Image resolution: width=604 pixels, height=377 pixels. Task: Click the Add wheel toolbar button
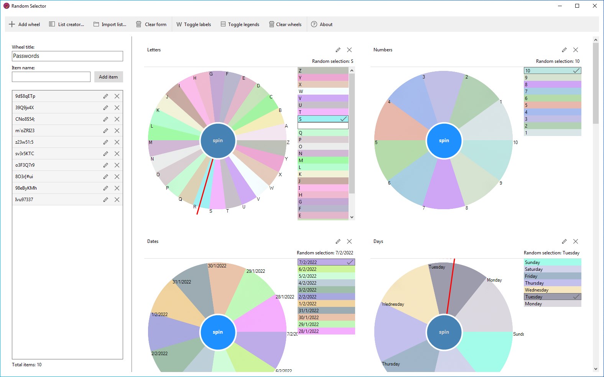25,25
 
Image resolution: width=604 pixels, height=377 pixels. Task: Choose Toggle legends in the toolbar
240,25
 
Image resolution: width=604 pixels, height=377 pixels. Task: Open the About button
322,25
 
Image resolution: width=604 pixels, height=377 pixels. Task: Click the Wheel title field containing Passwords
67,56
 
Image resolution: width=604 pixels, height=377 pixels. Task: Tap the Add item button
109,77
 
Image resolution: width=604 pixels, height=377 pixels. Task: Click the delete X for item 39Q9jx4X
117,108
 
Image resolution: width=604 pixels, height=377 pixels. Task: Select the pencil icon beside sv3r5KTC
105,154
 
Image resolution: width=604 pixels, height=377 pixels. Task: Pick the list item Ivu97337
24,200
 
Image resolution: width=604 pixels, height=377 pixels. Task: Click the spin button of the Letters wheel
218,141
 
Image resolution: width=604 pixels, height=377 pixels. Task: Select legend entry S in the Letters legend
323,119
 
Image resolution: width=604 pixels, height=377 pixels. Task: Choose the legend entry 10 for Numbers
552,71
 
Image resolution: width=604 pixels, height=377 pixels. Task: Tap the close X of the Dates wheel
349,241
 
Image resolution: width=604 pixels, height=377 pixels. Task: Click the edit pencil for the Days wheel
564,241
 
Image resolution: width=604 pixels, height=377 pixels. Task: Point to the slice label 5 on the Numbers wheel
376,143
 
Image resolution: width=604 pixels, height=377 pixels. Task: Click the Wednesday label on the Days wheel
393,304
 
